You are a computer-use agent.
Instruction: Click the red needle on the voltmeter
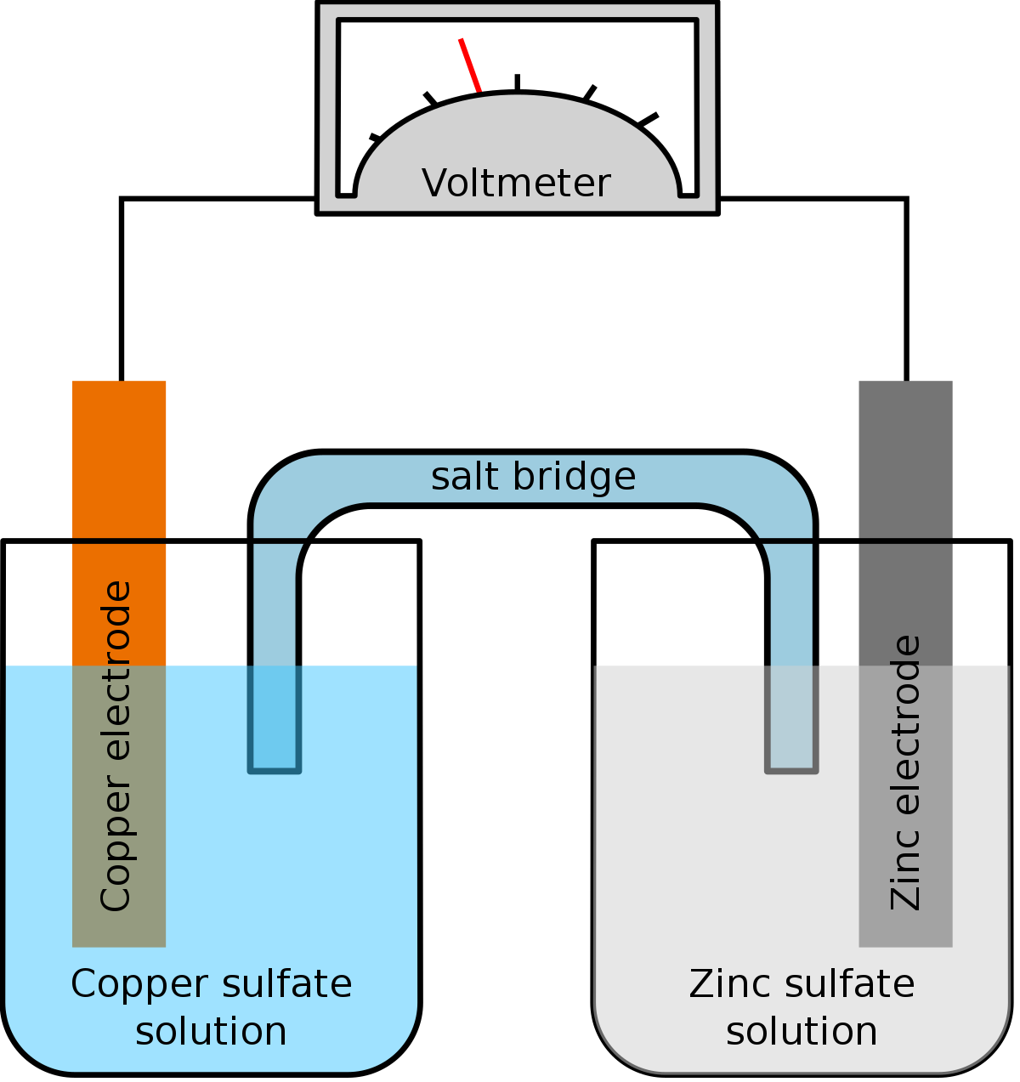coord(470,65)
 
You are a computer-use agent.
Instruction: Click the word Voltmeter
coord(516,184)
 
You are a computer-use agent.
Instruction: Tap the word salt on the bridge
coord(466,476)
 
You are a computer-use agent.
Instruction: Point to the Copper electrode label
coord(116,746)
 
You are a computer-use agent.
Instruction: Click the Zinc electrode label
coord(905,772)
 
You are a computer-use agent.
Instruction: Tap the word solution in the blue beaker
coord(211,1031)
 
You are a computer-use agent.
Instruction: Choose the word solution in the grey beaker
coord(802,1031)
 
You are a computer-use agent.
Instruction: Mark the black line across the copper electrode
coord(119,540)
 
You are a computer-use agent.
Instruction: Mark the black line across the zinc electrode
coord(905,540)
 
